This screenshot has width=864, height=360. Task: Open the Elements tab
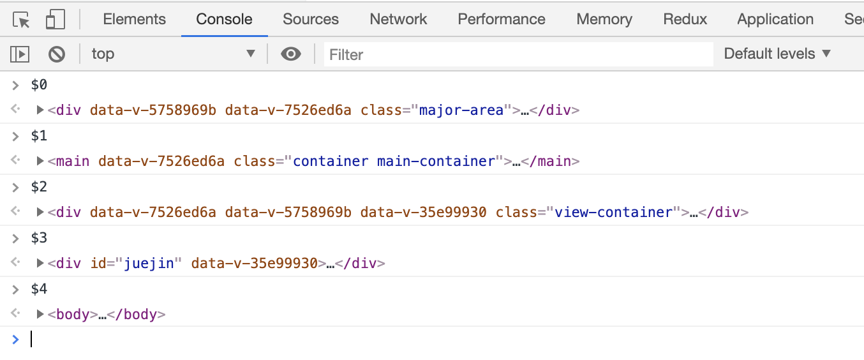pos(134,19)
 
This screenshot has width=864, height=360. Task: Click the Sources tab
pos(311,19)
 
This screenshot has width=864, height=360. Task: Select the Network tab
pos(398,19)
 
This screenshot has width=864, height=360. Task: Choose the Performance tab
pos(502,19)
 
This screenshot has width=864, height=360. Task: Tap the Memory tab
pos(604,19)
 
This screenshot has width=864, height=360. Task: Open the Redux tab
pos(685,19)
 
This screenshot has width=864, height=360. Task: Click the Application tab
pos(775,19)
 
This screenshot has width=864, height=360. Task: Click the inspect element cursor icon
pos(22,20)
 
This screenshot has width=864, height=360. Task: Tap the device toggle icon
pos(56,20)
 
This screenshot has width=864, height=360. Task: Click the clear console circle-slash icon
pos(57,54)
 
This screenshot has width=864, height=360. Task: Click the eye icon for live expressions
pos(291,54)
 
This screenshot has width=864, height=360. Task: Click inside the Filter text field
pos(517,55)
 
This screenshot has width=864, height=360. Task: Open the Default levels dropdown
pos(777,54)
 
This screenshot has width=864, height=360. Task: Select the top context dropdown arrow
pos(251,54)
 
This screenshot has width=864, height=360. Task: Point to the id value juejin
pos(149,264)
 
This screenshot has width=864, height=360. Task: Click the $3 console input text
pos(39,238)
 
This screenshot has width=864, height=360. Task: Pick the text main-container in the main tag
pos(436,161)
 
